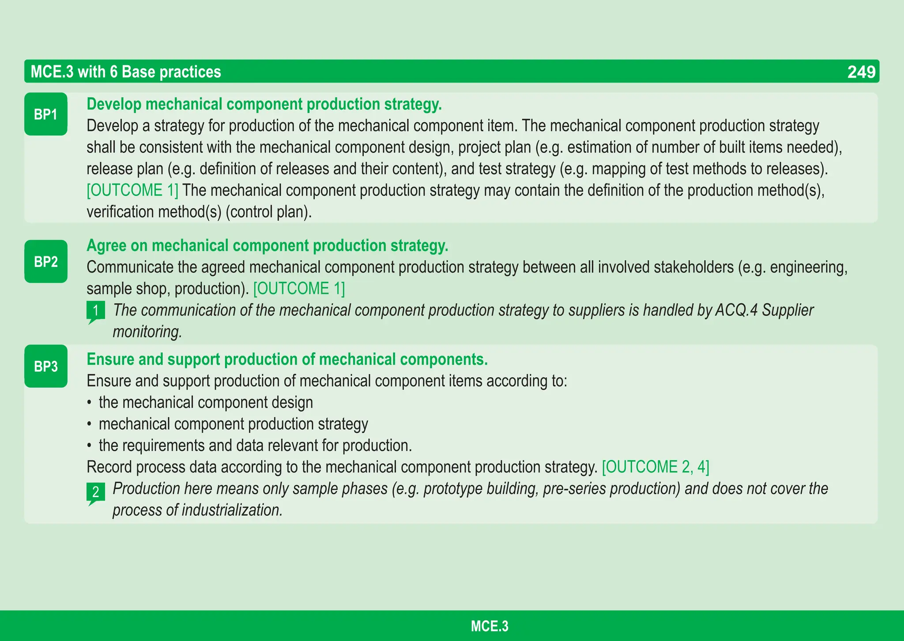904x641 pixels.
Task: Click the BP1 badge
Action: tap(46, 114)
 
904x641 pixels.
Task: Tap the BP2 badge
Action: tap(46, 262)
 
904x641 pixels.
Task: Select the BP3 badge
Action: tap(46, 366)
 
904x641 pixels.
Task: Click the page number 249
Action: tap(861, 72)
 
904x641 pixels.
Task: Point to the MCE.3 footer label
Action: tap(490, 626)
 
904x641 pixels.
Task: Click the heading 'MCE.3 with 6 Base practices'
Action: tap(126, 72)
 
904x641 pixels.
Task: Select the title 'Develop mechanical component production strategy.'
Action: tap(264, 105)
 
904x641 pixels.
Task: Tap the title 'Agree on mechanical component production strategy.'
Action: tap(267, 246)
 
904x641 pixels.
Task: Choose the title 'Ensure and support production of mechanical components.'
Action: tap(287, 360)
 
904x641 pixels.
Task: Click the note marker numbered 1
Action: tap(96, 311)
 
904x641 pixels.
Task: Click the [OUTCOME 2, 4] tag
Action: tap(655, 467)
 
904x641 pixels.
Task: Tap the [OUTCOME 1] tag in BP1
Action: tap(132, 191)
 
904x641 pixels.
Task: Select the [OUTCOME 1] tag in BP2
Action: tap(299, 289)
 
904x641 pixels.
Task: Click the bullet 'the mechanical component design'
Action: tap(206, 403)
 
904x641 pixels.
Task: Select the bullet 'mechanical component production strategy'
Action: tap(233, 424)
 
